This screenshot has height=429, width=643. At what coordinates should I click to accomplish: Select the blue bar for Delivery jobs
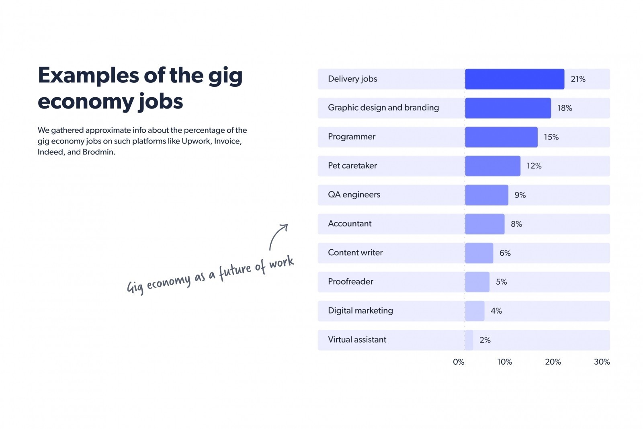point(514,79)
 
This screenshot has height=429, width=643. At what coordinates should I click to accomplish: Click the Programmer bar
point(501,137)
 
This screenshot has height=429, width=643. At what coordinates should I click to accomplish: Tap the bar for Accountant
point(485,224)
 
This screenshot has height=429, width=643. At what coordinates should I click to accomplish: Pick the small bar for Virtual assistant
point(469,340)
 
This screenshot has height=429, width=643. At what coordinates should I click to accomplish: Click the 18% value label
point(564,108)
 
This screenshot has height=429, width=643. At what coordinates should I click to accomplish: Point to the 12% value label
point(534,166)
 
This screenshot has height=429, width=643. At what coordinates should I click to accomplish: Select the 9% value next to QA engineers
point(520,195)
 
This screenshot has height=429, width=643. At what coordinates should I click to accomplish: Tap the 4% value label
point(496,311)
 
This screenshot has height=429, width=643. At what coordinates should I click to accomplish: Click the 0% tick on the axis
point(458,362)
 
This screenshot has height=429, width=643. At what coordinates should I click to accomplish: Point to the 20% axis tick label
point(553,362)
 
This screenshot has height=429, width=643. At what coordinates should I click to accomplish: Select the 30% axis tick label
point(602,362)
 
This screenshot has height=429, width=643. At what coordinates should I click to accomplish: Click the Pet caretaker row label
point(352,166)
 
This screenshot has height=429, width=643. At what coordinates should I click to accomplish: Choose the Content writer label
point(355,252)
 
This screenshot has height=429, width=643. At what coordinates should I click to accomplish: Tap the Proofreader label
point(350,281)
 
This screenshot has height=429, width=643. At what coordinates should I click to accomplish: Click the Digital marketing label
point(360,310)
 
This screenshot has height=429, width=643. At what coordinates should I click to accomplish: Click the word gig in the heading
point(225,76)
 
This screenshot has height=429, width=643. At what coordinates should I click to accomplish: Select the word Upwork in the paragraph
point(196,141)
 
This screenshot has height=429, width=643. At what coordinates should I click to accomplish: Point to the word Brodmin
point(98,152)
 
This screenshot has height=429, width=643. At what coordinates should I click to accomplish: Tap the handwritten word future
point(235,271)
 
